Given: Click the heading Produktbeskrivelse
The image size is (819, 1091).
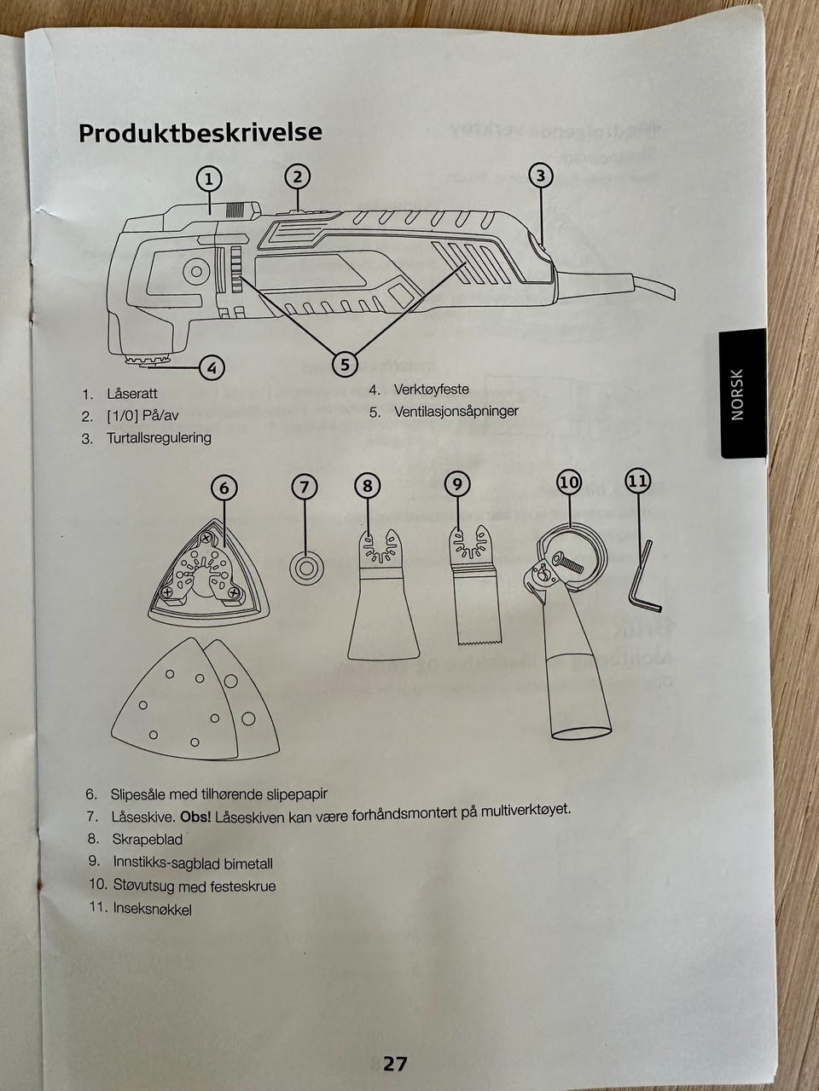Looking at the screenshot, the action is (x=200, y=133).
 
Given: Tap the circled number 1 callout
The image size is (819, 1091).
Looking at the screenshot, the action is (x=209, y=179).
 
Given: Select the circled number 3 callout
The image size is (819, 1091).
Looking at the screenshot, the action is (x=541, y=176).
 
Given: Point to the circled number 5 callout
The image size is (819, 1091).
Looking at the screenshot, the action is (x=345, y=364).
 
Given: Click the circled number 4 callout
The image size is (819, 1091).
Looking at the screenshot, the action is (x=212, y=368).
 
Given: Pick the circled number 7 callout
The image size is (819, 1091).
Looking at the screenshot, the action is (x=305, y=487).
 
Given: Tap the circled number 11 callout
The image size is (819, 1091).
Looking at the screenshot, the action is (x=638, y=481).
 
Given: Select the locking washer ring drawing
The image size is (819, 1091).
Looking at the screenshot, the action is (x=306, y=567).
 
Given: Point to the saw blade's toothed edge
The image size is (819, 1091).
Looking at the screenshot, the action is (x=479, y=643).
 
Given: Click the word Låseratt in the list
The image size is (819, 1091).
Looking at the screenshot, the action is (x=131, y=394).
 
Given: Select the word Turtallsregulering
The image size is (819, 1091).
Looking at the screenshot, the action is (x=159, y=438).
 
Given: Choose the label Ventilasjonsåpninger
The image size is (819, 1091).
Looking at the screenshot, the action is (x=456, y=412).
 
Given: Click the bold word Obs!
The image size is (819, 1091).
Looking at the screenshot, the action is (x=195, y=817).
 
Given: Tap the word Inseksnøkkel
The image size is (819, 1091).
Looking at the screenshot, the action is (x=152, y=909).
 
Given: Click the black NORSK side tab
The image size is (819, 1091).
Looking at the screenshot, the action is (x=742, y=393).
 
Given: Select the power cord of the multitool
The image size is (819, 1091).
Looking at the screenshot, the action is (x=617, y=282).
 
